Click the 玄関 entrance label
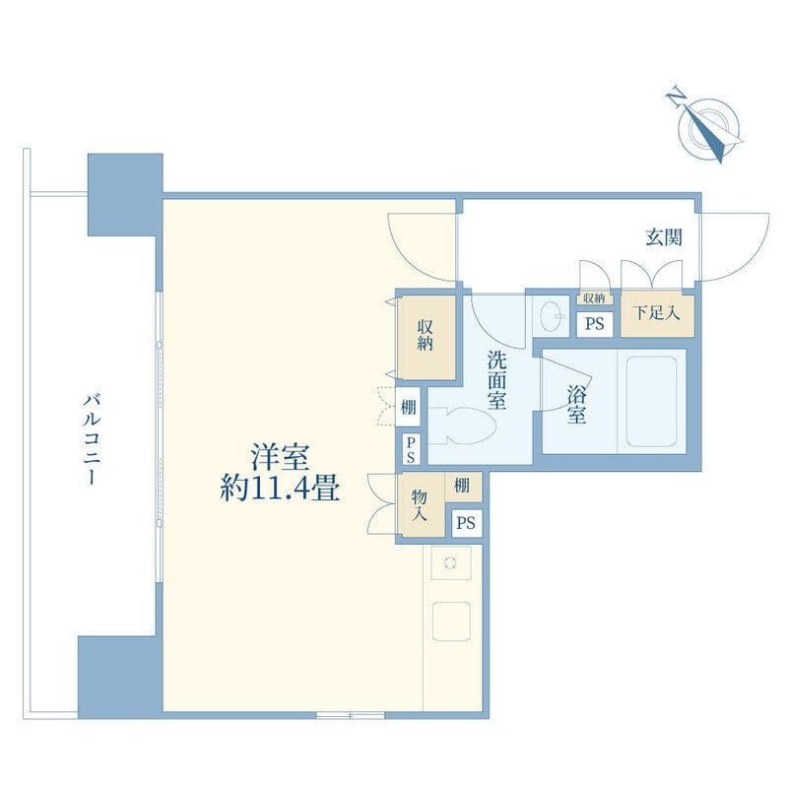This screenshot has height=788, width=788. pyautogui.click(x=664, y=236)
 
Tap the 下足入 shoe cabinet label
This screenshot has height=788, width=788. pyautogui.click(x=656, y=312)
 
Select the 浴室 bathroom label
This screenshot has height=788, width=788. pyautogui.click(x=576, y=405)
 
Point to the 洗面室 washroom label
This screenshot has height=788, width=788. pyautogui.click(x=496, y=380)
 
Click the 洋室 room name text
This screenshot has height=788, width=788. pyautogui.click(x=280, y=457)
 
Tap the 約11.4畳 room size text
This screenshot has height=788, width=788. pyautogui.click(x=280, y=488)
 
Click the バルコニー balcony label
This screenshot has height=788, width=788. pyautogui.click(x=92, y=439)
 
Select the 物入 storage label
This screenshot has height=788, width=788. pyautogui.click(x=420, y=505)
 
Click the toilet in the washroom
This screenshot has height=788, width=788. pyautogui.click(x=462, y=426)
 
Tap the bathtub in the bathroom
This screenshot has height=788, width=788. pyautogui.click(x=651, y=402)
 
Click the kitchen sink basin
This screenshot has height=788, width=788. pyautogui.click(x=451, y=621)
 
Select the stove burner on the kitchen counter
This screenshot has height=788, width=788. pyautogui.click(x=451, y=562)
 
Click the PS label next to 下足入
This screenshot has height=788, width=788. pyautogui.click(x=595, y=324)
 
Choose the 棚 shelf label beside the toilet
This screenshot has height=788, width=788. pyautogui.click(x=408, y=407)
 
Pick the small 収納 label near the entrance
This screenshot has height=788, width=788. pyautogui.click(x=594, y=298)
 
